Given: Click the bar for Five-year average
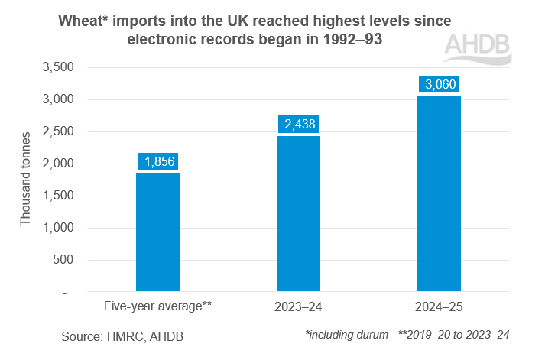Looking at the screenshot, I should (x=157, y=232).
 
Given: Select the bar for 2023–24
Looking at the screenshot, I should (x=298, y=214).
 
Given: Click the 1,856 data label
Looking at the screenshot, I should (x=157, y=162).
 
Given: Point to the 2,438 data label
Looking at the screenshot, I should (x=298, y=125).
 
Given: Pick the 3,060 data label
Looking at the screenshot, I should (x=439, y=84).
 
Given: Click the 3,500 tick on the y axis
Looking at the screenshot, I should (x=57, y=67).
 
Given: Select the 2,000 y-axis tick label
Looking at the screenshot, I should (x=57, y=164).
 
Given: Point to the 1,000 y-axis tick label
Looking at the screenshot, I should (x=57, y=228).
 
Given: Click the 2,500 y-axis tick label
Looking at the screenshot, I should (x=57, y=131).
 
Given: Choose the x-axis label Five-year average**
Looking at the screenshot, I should (x=157, y=306).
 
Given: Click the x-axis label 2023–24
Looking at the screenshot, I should (x=298, y=306).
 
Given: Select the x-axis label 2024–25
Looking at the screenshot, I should (x=439, y=306).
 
